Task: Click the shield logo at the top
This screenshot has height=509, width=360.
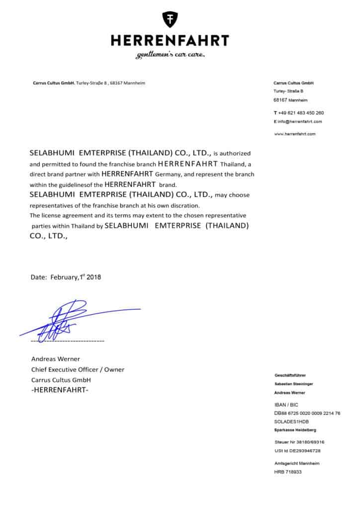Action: pos(170,19)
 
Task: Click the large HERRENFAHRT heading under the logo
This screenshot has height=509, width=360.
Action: pos(170,41)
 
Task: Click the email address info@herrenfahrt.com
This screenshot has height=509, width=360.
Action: pos(300,121)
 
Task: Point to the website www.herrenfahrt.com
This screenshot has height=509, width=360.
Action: pos(295,134)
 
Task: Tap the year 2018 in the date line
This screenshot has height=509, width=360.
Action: pos(92,277)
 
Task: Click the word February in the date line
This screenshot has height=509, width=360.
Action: pos(64,278)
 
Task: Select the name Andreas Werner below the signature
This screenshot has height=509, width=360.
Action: pos(56,359)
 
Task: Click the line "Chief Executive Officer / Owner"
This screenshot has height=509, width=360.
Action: pos(78,369)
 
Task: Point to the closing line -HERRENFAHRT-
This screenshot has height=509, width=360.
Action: pos(60,391)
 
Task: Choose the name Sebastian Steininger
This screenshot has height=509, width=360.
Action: pos(294,384)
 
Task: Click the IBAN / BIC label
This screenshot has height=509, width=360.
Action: pos(286,405)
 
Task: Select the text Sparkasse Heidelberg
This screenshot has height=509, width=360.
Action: pos(295,429)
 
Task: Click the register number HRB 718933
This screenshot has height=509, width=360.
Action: pos(288,472)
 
